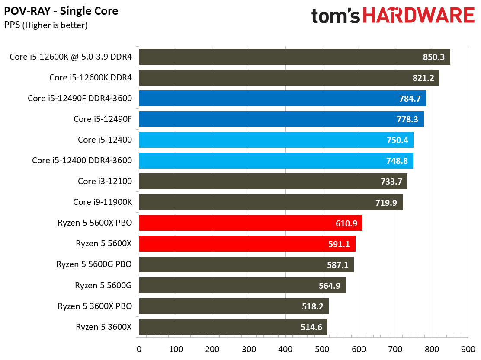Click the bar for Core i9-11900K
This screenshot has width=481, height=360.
270,202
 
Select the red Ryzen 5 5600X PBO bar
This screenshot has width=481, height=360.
250,223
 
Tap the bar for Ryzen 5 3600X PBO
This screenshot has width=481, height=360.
234,306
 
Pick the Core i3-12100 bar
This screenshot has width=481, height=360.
273,182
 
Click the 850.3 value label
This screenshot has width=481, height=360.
433,57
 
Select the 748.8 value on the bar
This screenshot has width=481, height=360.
397,161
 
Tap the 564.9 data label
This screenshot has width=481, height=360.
330,285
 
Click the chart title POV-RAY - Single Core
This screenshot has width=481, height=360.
61,11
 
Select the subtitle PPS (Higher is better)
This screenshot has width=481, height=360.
46,25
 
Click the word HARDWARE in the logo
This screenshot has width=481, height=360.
418,16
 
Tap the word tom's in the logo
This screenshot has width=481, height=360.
336,16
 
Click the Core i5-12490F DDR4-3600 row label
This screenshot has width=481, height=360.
80,99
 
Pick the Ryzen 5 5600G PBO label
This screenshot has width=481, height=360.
94,264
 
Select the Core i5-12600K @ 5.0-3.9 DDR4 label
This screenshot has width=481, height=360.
71,57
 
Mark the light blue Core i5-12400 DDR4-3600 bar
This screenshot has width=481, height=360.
276,161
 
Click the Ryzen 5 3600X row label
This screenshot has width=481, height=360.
103,327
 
